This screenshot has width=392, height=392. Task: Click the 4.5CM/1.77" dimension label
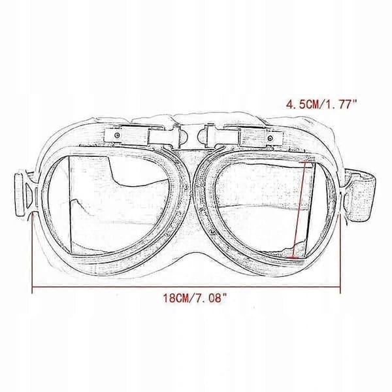click(321, 104)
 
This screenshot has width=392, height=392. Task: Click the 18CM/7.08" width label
click(195, 298)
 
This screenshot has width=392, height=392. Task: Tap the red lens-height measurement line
click(300, 210)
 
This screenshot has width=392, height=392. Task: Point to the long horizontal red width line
click(186, 287)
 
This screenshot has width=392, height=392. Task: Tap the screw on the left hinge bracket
click(117, 135)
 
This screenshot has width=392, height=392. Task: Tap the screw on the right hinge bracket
click(270, 139)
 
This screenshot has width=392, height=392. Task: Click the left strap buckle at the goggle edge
click(24, 194)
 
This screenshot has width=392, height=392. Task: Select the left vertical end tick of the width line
click(32, 252)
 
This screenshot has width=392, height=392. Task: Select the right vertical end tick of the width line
click(340, 252)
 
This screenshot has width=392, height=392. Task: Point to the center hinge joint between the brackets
click(193, 137)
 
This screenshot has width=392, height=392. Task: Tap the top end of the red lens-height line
click(306, 163)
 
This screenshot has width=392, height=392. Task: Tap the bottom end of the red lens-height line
click(293, 257)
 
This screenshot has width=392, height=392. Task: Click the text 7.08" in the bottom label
click(211, 298)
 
